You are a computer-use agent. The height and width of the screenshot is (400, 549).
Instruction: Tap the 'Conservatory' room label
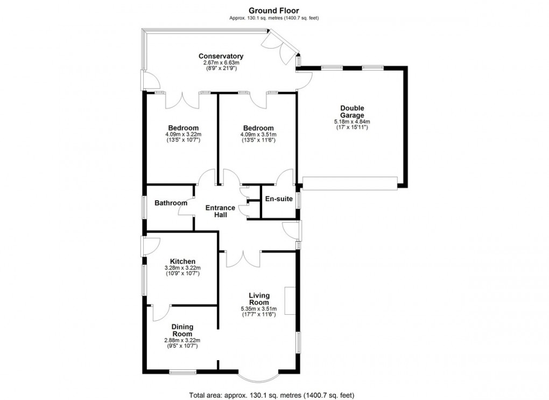pyautogui.click(x=221, y=57)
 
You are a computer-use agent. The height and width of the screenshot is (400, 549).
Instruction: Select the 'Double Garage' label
pyautogui.click(x=352, y=112)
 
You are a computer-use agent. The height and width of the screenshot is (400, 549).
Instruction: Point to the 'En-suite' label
pyautogui.click(x=279, y=199)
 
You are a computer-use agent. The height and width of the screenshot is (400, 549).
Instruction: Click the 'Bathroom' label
pyautogui.click(x=171, y=203)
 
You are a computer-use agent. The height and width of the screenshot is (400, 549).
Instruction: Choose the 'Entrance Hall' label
pyautogui.click(x=220, y=211)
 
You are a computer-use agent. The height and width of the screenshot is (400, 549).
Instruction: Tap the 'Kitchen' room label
pyautogui.click(x=182, y=261)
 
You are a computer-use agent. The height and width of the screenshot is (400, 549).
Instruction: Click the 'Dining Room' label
pyautogui.click(x=182, y=330)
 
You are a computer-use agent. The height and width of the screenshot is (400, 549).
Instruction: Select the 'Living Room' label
pyautogui.click(x=258, y=299)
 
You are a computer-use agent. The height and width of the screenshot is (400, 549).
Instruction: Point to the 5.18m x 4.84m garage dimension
pyautogui.click(x=352, y=122)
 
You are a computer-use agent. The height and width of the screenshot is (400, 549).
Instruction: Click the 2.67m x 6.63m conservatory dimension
pyautogui.click(x=221, y=63)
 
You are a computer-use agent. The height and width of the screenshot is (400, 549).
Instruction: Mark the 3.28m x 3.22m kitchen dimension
pyautogui.click(x=182, y=268)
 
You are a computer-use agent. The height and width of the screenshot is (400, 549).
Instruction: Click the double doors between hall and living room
pyautogui.click(x=243, y=259)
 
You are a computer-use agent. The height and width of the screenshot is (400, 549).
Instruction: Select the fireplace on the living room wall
pyautogui.click(x=290, y=301)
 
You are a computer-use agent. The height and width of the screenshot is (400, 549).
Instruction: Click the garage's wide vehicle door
pyautogui.click(x=350, y=183)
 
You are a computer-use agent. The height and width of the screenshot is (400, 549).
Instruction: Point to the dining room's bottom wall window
pyautogui.click(x=182, y=371)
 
